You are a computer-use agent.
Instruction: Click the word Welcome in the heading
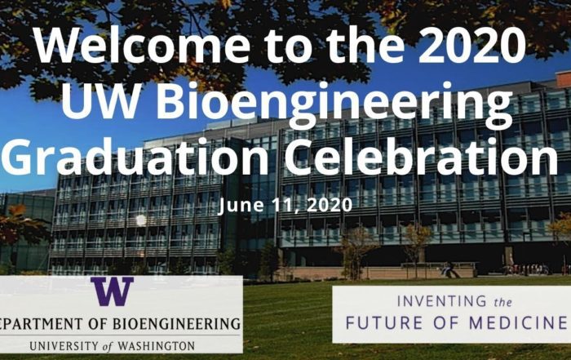[143, 44]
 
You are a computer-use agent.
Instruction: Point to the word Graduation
[135, 157]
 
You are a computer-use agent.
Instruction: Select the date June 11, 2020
[285, 205]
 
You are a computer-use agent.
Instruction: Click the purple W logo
[113, 291]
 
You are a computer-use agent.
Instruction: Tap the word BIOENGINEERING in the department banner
[177, 323]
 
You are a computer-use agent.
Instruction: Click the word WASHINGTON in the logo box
[157, 346]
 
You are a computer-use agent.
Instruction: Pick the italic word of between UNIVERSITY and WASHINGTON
[108, 346]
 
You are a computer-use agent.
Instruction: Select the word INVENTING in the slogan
[442, 301]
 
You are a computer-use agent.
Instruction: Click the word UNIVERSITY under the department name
[64, 346]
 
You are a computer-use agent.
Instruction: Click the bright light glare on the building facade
[140, 220]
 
